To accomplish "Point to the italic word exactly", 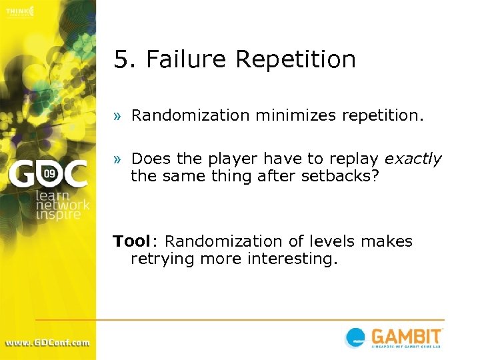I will click(x=413, y=159).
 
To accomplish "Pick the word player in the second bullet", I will click(x=235, y=159).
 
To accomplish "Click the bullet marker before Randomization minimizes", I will click(x=117, y=116).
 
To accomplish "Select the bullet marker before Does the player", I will click(x=117, y=160).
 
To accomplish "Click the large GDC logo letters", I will click(x=47, y=175).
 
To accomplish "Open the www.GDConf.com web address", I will click(x=47, y=343).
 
